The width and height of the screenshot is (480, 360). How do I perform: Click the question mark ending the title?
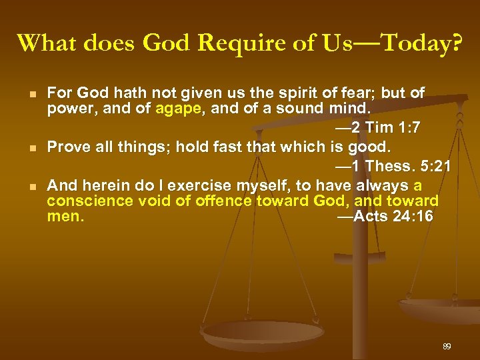[455, 43]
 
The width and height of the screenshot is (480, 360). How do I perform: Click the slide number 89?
[447, 347]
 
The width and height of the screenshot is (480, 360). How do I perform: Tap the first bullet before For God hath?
[33, 92]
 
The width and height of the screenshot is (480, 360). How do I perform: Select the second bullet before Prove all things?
[33, 146]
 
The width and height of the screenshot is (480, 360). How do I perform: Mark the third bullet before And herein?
[33, 185]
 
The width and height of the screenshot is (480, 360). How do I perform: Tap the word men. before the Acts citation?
[66, 216]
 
